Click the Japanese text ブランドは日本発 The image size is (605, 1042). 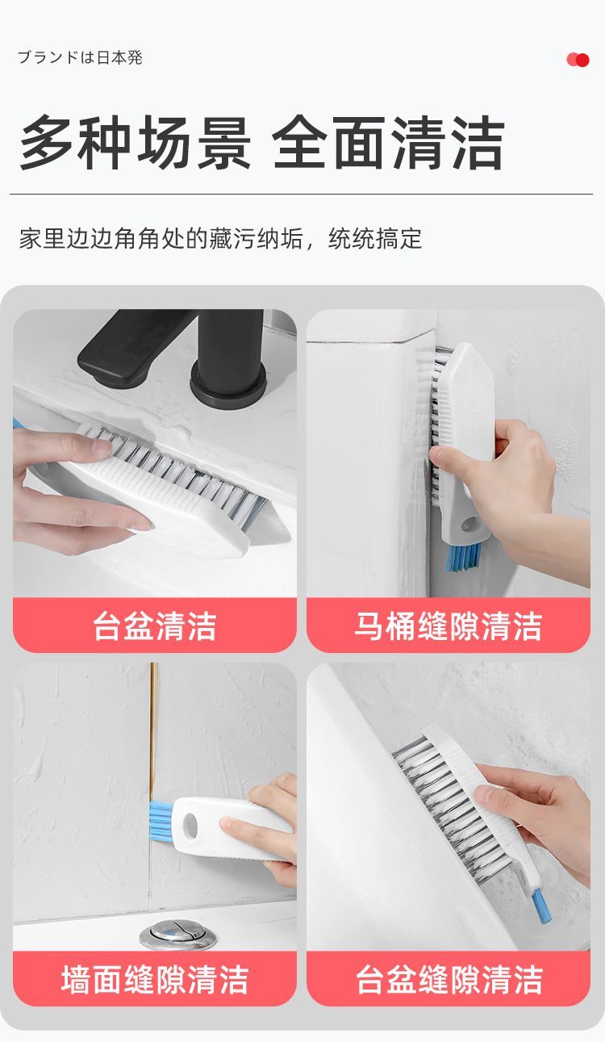click(x=80, y=58)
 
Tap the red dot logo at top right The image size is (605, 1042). click(x=578, y=60)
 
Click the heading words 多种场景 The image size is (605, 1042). click(x=135, y=144)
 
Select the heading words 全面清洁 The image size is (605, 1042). click(x=389, y=144)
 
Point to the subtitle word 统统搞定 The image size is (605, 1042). click(x=375, y=239)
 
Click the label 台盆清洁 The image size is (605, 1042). click(x=155, y=626)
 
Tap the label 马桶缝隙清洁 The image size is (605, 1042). click(x=448, y=626)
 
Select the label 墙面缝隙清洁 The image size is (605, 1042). click(x=155, y=980)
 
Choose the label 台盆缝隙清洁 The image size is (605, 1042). click(x=448, y=980)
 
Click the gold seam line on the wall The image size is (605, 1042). click(x=152, y=726)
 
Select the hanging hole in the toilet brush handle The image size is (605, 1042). click(x=469, y=525)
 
